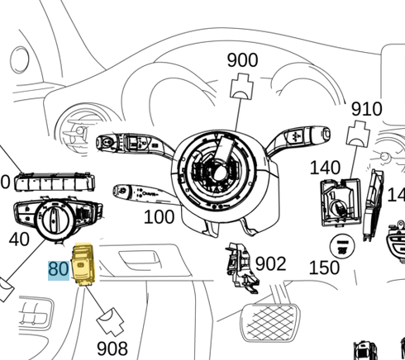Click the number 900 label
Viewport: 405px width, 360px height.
click(x=242, y=60)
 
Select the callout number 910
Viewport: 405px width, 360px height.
click(x=366, y=109)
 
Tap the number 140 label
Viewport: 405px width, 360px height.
click(x=325, y=168)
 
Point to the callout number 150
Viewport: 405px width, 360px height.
click(x=324, y=267)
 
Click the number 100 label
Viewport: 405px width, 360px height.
click(x=159, y=217)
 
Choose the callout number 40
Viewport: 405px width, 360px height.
click(x=19, y=239)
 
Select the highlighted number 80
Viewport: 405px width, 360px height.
click(x=59, y=269)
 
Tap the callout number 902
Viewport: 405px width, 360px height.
click(x=270, y=264)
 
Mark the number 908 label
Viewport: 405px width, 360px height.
click(x=112, y=348)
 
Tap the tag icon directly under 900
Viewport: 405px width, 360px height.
click(x=242, y=85)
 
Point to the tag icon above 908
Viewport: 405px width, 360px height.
click(x=108, y=319)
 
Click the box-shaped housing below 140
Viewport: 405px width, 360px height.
click(x=339, y=203)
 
